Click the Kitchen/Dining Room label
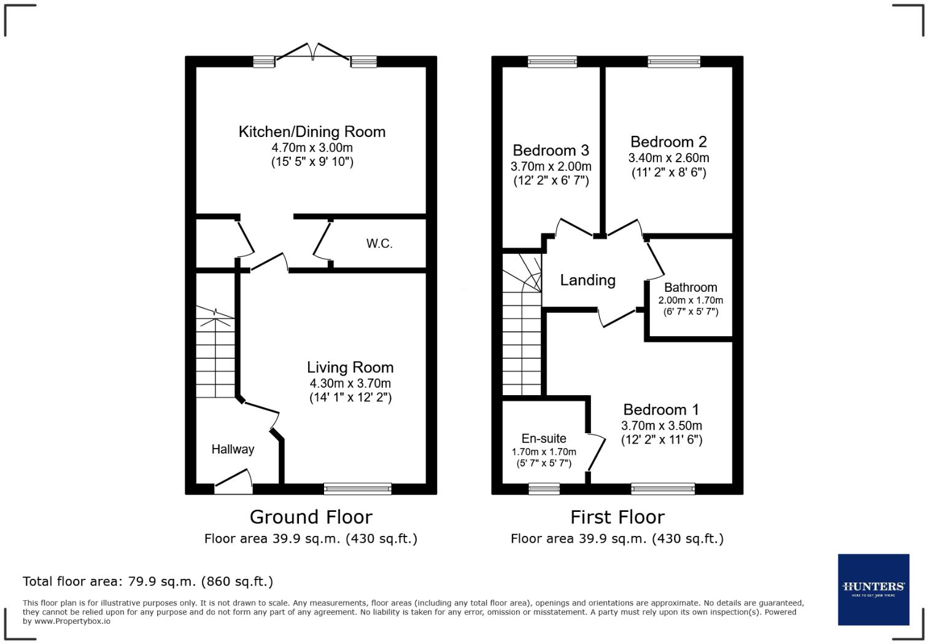tap(312, 132)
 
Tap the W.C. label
tap(379, 244)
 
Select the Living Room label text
tap(350, 367)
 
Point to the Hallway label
tap(233, 449)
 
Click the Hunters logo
tap(873, 589)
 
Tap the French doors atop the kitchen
tap(314, 54)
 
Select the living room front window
tap(358, 489)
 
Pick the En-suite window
tap(544, 489)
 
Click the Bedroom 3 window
tap(552, 61)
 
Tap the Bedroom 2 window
tap(673, 61)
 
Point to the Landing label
tap(587, 280)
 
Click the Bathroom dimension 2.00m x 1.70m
tap(690, 300)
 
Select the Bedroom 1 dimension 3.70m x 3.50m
tap(662, 426)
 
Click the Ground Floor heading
tap(311, 517)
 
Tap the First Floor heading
tap(617, 517)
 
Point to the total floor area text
tap(148, 581)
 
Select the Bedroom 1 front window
tap(663, 489)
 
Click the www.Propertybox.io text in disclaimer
tap(72, 621)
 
